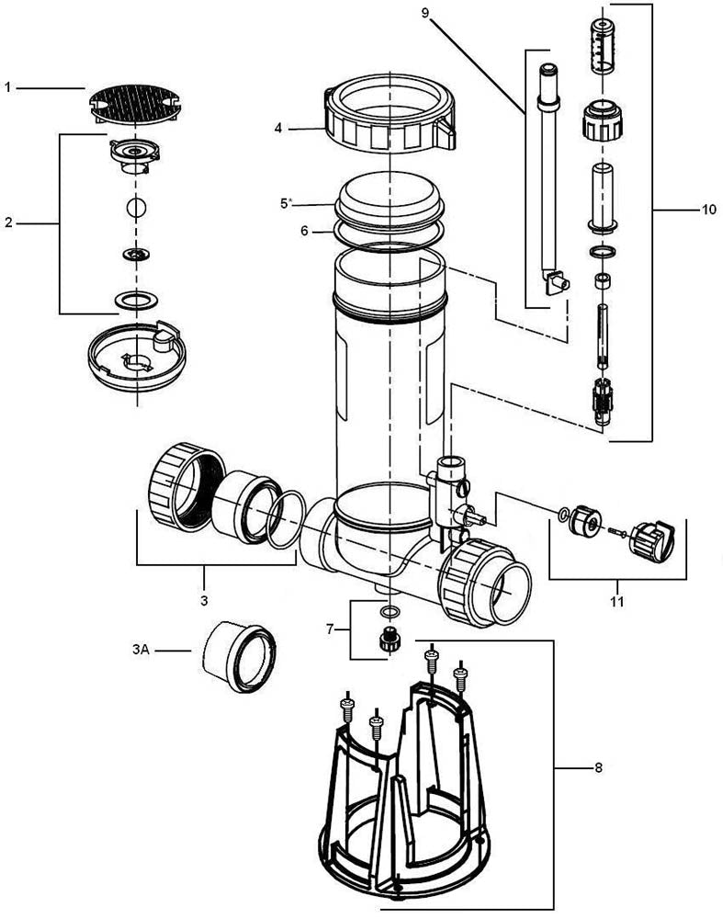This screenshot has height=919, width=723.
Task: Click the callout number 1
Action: [x=7, y=87]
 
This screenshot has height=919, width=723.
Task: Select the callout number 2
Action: [x=7, y=223]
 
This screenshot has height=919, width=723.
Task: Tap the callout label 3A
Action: [x=141, y=650]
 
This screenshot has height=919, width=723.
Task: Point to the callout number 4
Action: [x=277, y=128]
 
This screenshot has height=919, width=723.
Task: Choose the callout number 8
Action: [x=598, y=766]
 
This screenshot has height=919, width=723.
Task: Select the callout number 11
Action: [x=616, y=602]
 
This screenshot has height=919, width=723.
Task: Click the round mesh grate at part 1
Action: [x=136, y=105]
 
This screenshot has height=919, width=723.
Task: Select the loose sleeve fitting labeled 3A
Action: [x=239, y=656]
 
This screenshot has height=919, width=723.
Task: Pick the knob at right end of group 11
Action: [x=656, y=538]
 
